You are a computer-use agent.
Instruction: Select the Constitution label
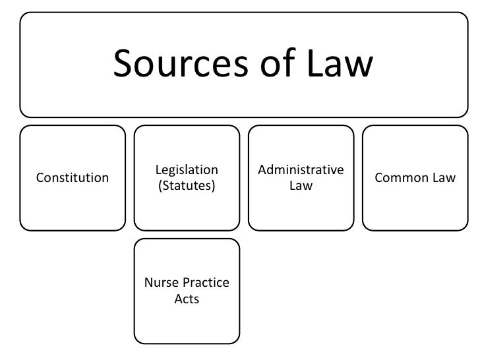pyautogui.click(x=73, y=178)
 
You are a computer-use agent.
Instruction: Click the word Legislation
pyautogui.click(x=187, y=170)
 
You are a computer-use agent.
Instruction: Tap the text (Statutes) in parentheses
pyautogui.click(x=187, y=186)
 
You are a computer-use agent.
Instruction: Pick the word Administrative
pyautogui.click(x=301, y=170)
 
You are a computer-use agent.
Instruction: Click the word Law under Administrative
pyautogui.click(x=301, y=186)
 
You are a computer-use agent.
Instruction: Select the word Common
pyautogui.click(x=401, y=178)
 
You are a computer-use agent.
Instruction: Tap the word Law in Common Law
pyautogui.click(x=442, y=178)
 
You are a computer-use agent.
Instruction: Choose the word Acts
pyautogui.click(x=187, y=299)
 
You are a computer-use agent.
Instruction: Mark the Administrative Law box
pyautogui.click(x=301, y=211)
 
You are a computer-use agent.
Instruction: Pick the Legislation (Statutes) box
pyautogui.click(x=187, y=211)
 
